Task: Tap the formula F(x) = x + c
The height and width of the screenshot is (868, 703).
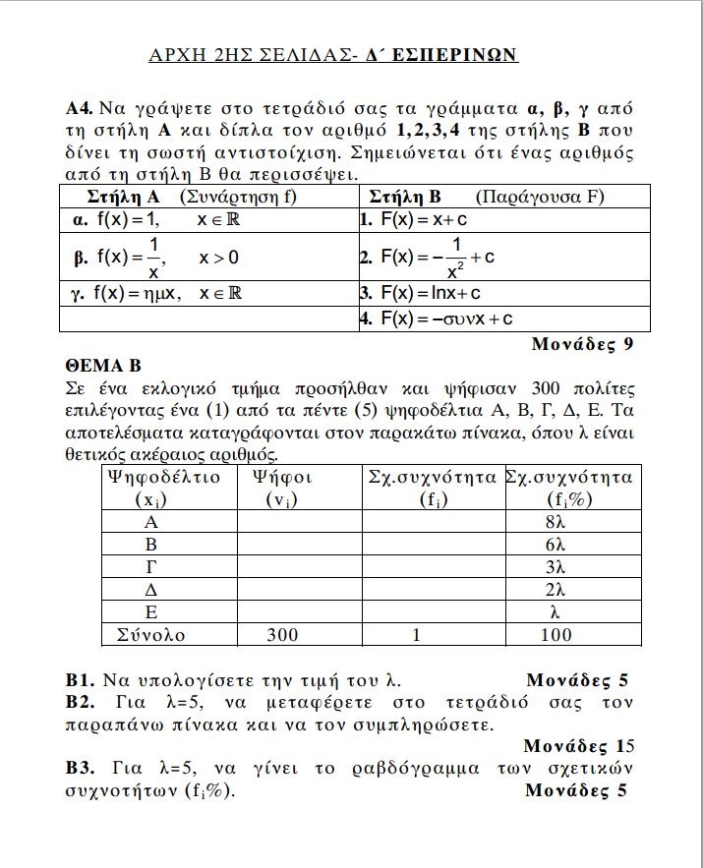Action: pos(423,219)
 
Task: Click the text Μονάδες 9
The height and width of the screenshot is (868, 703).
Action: pos(581,344)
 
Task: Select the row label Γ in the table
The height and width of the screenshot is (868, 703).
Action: pos(151,567)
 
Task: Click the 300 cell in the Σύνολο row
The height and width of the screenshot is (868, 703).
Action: pos(282,635)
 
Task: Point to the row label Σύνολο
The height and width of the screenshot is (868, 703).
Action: pos(150,635)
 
